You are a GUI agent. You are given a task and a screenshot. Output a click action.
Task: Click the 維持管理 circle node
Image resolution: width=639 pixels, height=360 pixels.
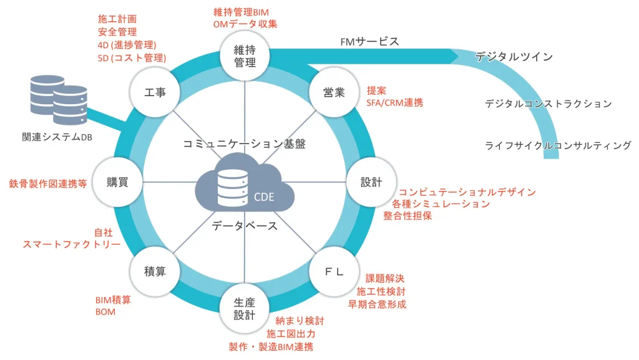[x=245, y=56]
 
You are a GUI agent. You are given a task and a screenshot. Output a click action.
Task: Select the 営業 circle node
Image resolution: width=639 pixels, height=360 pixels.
[x=334, y=92]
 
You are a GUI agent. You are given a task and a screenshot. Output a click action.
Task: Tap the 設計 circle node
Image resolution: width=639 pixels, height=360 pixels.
[x=370, y=182]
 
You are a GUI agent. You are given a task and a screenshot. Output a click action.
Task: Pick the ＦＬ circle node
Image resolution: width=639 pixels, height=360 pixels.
[x=334, y=272]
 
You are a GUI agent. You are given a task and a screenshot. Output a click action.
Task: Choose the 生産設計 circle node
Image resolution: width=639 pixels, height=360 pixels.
[x=245, y=308]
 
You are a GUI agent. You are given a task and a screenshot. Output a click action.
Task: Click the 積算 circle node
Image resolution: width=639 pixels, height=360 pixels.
[x=155, y=272]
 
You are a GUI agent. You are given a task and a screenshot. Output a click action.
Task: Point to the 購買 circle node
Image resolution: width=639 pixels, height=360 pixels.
[x=117, y=182]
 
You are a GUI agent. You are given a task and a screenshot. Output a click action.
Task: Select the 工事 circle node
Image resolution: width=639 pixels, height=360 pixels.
[x=155, y=92]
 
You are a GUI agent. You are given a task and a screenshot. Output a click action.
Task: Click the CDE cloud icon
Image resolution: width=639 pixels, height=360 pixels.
[x=245, y=187]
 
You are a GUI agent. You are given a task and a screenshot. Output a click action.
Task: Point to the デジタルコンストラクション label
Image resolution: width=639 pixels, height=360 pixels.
[x=549, y=104]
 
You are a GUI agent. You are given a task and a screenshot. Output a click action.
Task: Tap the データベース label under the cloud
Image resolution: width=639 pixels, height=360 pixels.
[x=245, y=226]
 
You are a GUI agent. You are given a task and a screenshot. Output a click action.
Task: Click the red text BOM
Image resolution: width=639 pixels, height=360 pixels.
[x=105, y=311]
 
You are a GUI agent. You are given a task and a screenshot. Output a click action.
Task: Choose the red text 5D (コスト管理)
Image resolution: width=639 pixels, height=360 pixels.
[x=132, y=58]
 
